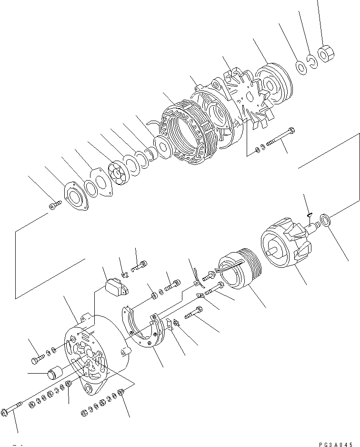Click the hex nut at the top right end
tap(326, 53)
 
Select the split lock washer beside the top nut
tap(313, 61)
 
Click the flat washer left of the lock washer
tap(301, 66)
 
